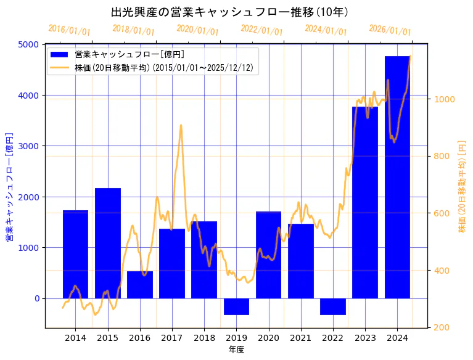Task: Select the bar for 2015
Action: pyautogui.click(x=108, y=243)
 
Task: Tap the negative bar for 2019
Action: pyautogui.click(x=236, y=306)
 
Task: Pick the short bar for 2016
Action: pyautogui.click(x=140, y=285)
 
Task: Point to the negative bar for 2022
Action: pyautogui.click(x=333, y=306)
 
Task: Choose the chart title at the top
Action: pyautogui.click(x=230, y=12)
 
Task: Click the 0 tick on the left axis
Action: pyautogui.click(x=36, y=298)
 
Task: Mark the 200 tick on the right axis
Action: pyautogui.click(x=442, y=327)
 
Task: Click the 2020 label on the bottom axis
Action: pyautogui.click(x=268, y=338)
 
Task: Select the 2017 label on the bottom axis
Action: pyautogui.click(x=172, y=338)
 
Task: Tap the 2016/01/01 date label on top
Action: pyautogui.click(x=69, y=30)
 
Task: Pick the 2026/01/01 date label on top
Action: pyautogui.click(x=390, y=30)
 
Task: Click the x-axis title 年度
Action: pyautogui.click(x=236, y=350)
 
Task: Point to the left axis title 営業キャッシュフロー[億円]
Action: pyautogui.click(x=9, y=186)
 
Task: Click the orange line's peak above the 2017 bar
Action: pyautogui.click(x=181, y=125)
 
